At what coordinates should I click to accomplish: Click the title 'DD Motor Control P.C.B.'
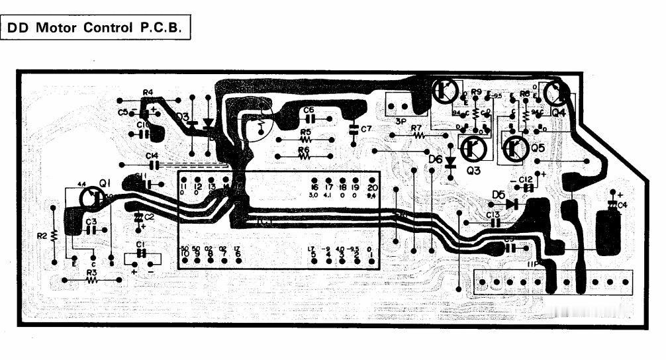point(97,28)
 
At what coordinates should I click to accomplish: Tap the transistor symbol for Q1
point(91,197)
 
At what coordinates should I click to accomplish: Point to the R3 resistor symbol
point(91,281)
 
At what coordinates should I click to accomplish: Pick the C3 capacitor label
point(91,221)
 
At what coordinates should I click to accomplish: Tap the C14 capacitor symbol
point(155,164)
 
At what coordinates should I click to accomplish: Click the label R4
point(148,92)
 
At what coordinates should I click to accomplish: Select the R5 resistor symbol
point(305,140)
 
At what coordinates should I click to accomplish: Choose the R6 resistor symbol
point(305,157)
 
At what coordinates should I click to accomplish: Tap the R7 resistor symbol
point(418,135)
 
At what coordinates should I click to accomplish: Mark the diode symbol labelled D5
point(510,204)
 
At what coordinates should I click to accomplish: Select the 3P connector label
point(401,122)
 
